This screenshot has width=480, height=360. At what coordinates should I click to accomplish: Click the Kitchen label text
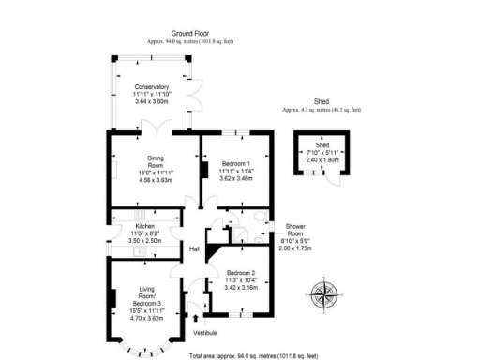[x=144, y=226]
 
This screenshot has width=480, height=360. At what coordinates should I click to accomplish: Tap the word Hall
[x=194, y=248]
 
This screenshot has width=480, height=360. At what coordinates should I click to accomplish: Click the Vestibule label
[x=204, y=333]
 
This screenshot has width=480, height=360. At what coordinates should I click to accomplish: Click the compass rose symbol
[x=324, y=294]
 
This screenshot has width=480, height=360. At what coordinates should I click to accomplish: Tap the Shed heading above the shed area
[x=322, y=101]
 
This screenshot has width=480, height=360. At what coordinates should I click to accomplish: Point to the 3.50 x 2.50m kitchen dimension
[x=144, y=241]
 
